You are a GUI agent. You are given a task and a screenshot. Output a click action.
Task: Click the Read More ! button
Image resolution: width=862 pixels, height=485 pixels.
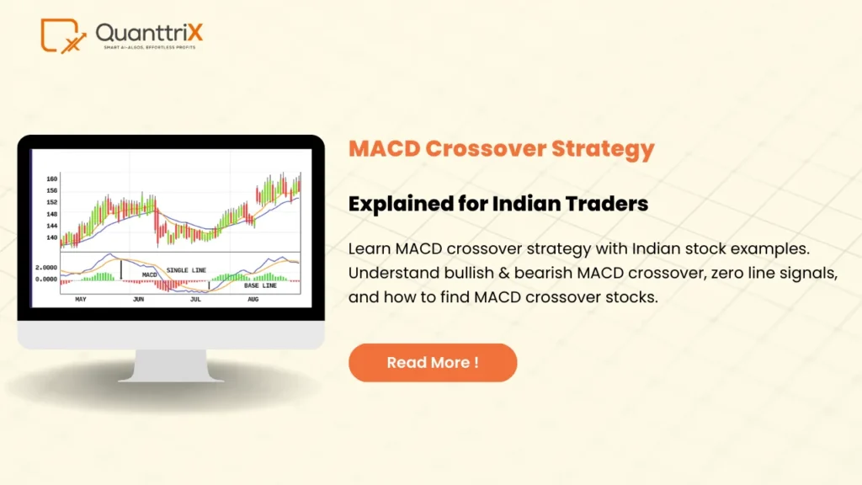[433, 363]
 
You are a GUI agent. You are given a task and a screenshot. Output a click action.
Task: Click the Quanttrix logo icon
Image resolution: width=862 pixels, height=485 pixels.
[62, 35]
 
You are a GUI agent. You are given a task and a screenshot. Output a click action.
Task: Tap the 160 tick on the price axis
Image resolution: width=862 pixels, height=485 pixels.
[52, 179]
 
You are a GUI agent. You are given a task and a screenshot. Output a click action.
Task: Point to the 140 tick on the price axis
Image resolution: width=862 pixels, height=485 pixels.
[52, 238]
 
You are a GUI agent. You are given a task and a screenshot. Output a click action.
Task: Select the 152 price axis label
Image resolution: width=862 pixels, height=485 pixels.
[52, 203]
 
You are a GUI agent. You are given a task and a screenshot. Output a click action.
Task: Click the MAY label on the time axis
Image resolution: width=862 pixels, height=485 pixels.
[81, 300]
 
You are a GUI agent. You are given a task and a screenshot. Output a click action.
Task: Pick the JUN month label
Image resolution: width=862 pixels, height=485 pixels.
[138, 300]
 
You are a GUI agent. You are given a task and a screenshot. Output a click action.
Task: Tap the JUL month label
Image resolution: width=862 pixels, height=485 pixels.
[195, 300]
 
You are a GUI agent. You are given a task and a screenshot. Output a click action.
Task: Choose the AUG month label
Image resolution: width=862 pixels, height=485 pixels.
[254, 300]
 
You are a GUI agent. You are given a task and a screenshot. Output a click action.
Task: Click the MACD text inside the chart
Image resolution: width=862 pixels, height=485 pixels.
[150, 274]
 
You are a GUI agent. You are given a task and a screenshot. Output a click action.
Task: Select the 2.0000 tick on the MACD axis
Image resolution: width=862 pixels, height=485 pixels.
[46, 267]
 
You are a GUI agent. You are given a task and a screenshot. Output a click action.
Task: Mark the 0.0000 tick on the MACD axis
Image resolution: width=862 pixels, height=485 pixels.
[46, 279]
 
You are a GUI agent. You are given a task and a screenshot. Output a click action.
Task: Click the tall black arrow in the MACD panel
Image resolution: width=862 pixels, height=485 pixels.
[120, 269]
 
